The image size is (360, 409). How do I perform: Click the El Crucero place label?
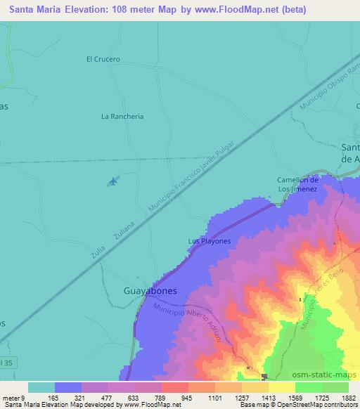pos(103,59)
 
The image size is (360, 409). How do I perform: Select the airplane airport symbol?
pos(112,182)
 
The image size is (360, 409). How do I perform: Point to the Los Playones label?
pos(209,241)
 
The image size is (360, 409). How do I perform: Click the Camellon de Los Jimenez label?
pos(297,185)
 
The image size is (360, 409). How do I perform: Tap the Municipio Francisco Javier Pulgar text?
pos(199,177)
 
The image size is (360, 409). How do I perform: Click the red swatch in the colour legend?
pos(174,387)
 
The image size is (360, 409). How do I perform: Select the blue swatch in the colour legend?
pos(68,387)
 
